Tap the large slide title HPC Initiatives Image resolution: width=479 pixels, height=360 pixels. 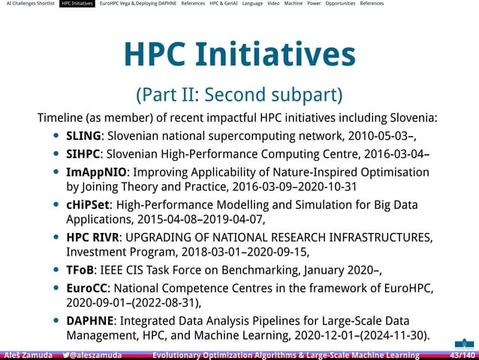pos(239,54)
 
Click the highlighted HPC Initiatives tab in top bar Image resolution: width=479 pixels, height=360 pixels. pos(77,4)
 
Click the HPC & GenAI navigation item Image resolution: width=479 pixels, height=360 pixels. pos(224,4)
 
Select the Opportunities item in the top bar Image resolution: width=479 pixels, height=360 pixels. pos(340,4)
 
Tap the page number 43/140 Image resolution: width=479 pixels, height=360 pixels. pos(461,355)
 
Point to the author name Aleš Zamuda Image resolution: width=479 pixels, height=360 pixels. pos(28,355)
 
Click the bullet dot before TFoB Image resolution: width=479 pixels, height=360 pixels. pos(57,270)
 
